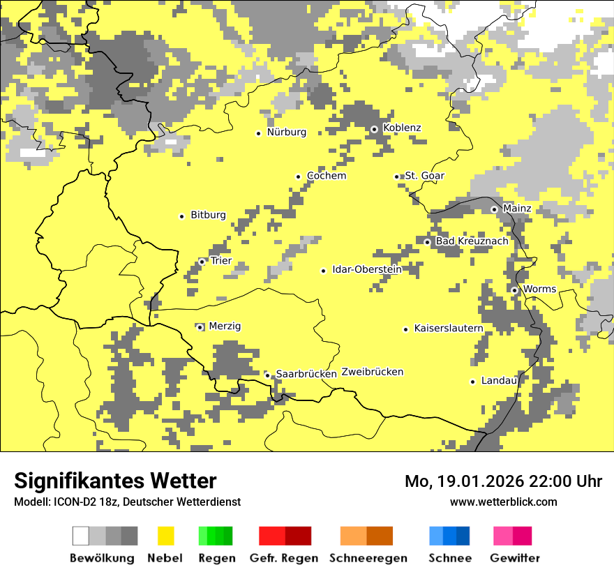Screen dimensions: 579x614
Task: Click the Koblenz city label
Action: click(x=402, y=128)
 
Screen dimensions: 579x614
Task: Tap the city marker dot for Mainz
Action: click(x=494, y=209)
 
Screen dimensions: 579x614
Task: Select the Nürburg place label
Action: click(x=286, y=133)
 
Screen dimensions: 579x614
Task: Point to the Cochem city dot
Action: click(x=298, y=176)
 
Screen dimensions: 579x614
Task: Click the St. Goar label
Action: click(x=424, y=176)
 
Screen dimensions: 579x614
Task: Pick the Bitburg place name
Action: click(x=208, y=216)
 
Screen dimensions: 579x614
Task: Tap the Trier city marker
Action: click(x=202, y=262)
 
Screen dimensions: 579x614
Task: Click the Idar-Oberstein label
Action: click(x=366, y=270)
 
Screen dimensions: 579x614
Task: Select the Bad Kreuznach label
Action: click(x=472, y=241)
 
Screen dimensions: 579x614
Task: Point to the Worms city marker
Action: click(x=514, y=290)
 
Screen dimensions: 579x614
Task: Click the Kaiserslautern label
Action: click(x=449, y=329)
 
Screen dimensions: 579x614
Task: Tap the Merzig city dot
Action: click(x=200, y=327)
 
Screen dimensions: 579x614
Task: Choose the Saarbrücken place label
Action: click(x=306, y=375)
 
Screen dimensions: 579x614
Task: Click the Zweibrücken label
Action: click(x=373, y=373)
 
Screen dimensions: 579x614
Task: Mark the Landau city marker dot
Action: click(x=472, y=382)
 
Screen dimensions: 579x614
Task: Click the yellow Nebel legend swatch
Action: click(x=165, y=536)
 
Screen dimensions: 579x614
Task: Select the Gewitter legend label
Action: click(x=514, y=558)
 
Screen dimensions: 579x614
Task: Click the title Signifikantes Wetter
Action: click(x=115, y=481)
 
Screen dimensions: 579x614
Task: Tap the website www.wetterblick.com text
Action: click(x=503, y=502)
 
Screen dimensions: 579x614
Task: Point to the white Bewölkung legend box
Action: click(x=81, y=536)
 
